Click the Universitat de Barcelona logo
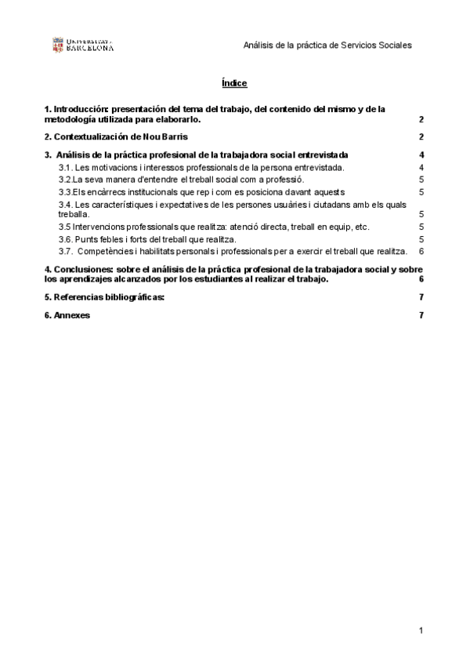click(x=82, y=45)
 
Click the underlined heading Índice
click(x=235, y=83)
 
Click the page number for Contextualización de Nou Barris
click(x=421, y=137)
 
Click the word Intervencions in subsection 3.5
click(x=99, y=227)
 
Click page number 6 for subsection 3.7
click(x=421, y=252)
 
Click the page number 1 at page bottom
click(x=421, y=631)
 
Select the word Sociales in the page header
click(x=395, y=45)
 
